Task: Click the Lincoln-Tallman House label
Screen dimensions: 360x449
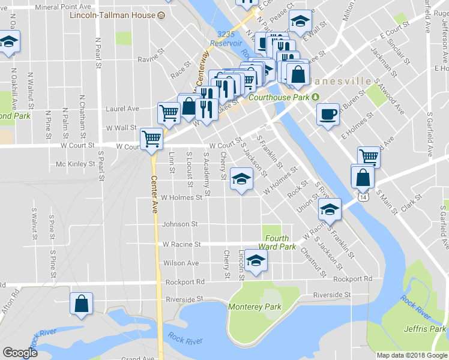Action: pyautogui.click(x=112, y=15)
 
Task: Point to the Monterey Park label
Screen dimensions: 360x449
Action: pyautogui.click(x=255, y=307)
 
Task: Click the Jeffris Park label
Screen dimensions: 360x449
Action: pyautogui.click(x=425, y=329)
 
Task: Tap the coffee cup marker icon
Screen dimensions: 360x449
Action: pyautogui.click(x=328, y=114)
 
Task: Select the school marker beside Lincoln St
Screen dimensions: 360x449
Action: pyautogui.click(x=256, y=261)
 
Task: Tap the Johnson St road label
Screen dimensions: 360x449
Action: pyautogui.click(x=179, y=224)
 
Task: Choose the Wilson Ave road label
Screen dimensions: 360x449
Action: pyautogui.click(x=181, y=263)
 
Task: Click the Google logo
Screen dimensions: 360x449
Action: pyautogui.click(x=20, y=353)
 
